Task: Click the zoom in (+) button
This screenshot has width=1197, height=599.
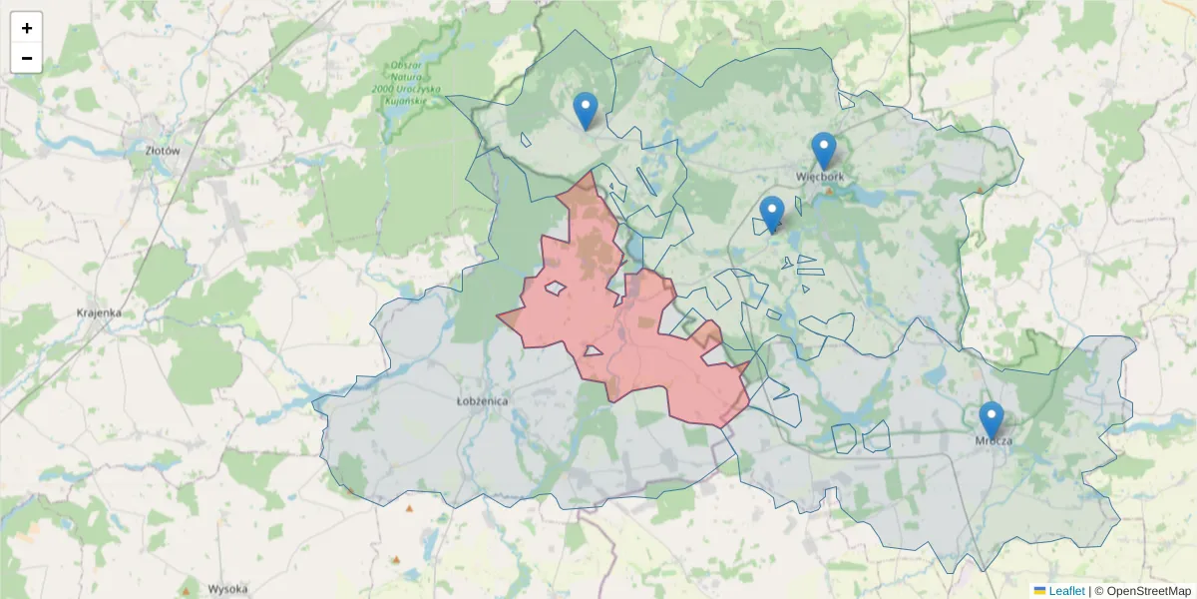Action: tap(27, 28)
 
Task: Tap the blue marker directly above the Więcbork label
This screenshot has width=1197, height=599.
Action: tap(823, 151)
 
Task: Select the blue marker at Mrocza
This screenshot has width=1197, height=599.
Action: tap(991, 419)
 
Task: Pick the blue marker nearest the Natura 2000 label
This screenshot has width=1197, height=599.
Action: tap(586, 111)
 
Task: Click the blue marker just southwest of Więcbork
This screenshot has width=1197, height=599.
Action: tap(771, 214)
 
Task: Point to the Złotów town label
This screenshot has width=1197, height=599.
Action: tap(162, 151)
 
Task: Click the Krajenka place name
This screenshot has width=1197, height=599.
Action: tap(99, 312)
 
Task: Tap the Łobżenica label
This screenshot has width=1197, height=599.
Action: tap(482, 401)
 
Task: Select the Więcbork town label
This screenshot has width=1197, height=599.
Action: tap(821, 178)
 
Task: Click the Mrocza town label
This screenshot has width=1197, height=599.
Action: tap(994, 441)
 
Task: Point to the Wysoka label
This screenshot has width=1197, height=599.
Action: tap(227, 588)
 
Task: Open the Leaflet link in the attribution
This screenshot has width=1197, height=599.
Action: tap(1066, 591)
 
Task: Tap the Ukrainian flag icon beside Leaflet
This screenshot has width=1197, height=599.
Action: tap(1039, 591)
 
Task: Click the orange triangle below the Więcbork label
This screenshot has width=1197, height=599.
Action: tap(828, 190)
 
